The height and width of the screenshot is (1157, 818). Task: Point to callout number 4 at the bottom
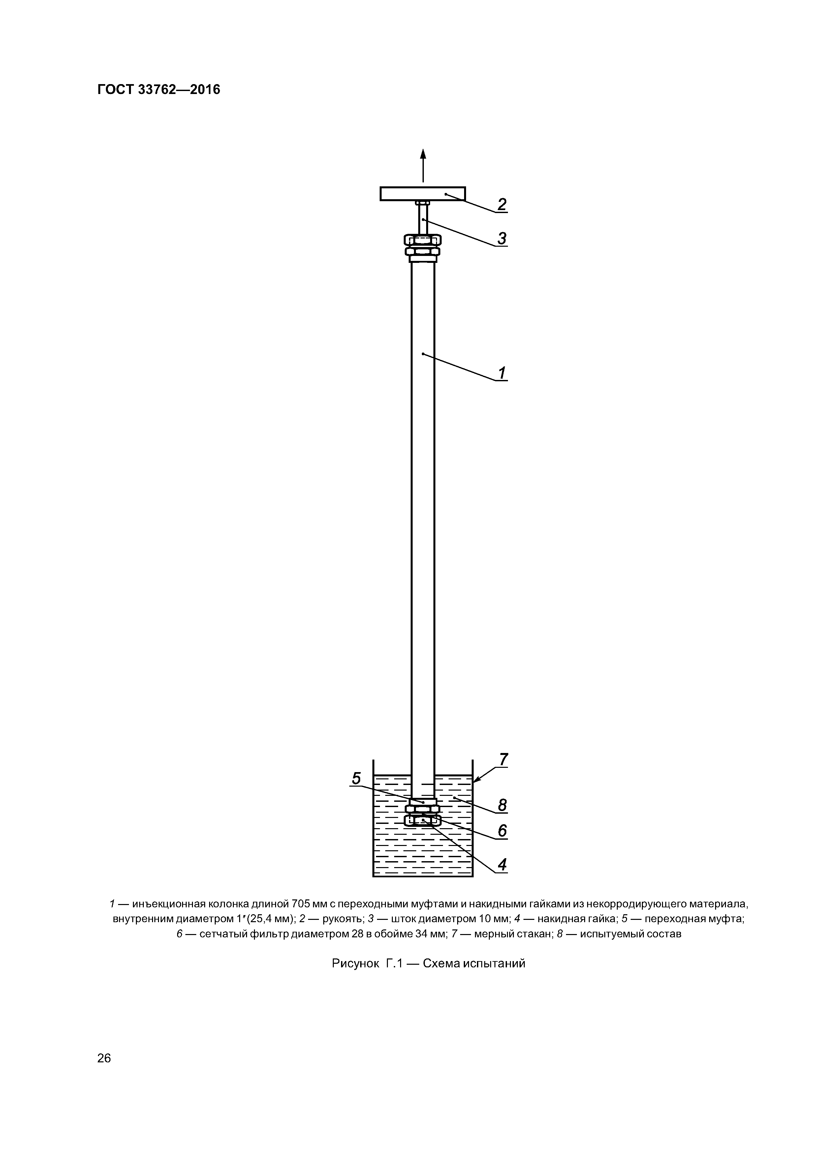coord(502,865)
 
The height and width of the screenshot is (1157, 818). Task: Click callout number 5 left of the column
coord(356,779)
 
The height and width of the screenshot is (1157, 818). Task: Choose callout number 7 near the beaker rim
coord(503,759)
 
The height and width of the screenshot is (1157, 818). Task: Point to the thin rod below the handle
coord(423,218)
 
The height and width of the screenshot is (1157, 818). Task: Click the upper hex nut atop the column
coord(422,239)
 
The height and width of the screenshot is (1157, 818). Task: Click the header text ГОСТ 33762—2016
coord(159,90)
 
